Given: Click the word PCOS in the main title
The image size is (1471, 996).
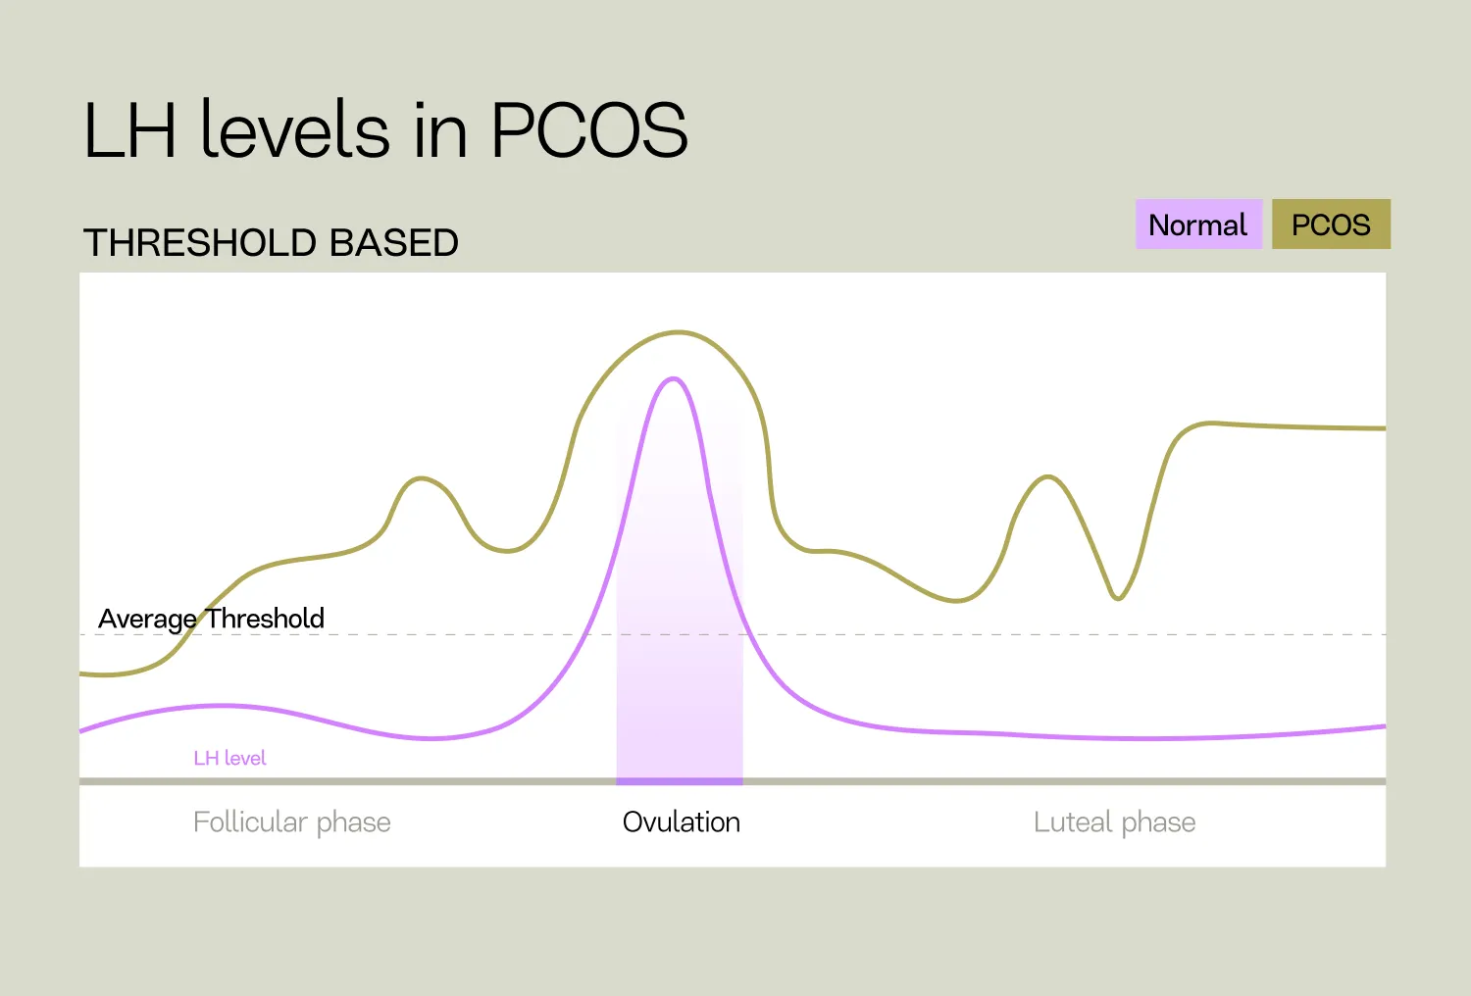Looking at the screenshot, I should pyautogui.click(x=588, y=130).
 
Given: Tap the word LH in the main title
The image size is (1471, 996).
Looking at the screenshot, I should pyautogui.click(x=130, y=130).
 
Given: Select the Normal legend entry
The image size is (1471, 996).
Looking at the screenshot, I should pyautogui.click(x=1197, y=224).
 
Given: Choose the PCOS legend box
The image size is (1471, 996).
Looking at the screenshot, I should pyautogui.click(x=1331, y=224).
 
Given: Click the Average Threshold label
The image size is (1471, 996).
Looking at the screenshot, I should pyautogui.click(x=211, y=619).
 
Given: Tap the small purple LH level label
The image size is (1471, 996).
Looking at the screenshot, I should pyautogui.click(x=229, y=758).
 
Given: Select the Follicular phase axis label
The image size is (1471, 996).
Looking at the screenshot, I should pyautogui.click(x=291, y=822).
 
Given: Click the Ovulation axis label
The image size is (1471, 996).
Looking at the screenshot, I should pyautogui.click(x=681, y=822).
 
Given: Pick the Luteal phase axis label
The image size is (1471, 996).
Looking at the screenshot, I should pyautogui.click(x=1114, y=822).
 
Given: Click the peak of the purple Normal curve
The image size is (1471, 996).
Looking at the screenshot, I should pyautogui.click(x=674, y=378).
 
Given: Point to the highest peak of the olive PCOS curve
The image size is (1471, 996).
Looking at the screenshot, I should pyautogui.click(x=678, y=332).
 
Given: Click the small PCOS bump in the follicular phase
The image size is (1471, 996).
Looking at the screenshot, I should pyautogui.click(x=422, y=478).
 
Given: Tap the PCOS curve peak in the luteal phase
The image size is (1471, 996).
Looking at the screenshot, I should pyautogui.click(x=1048, y=477).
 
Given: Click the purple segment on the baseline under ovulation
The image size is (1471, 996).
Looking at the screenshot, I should pyautogui.click(x=679, y=781).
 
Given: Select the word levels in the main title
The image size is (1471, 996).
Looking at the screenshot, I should pyautogui.click(x=295, y=130).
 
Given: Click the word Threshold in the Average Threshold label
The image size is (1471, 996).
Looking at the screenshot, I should pyautogui.click(x=265, y=619).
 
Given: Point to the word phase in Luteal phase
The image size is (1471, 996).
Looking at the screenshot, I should pyautogui.click(x=1158, y=822).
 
